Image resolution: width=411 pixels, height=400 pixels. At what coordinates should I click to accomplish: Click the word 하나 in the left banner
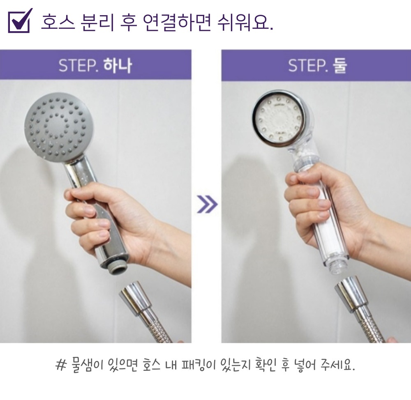click(x=118, y=65)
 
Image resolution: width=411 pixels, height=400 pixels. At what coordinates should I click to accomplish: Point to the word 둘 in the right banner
click(x=340, y=65)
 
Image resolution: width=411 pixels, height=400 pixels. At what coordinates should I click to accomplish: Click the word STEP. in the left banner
click(x=79, y=66)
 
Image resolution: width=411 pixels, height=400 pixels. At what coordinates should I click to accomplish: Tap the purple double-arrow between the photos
click(x=207, y=204)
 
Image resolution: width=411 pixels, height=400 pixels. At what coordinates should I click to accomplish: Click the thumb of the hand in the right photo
click(x=301, y=178)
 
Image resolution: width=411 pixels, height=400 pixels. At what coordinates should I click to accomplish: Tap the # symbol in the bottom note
click(x=61, y=365)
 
